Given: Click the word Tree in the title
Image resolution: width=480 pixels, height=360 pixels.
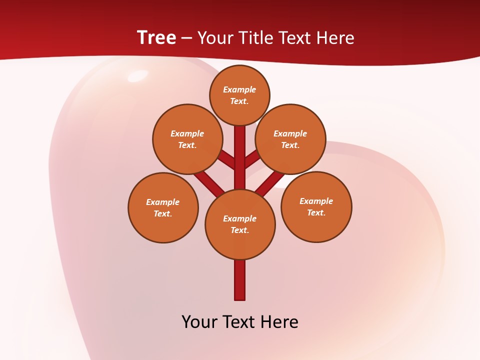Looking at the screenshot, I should coord(156,38).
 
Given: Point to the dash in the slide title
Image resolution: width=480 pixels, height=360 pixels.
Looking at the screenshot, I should coord(186,38).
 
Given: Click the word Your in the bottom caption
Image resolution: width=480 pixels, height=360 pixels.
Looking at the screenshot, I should coord(199,321).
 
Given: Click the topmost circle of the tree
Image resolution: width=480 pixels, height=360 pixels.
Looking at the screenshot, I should coord(239,95).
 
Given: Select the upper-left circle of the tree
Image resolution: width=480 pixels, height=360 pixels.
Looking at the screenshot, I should coord(187,139).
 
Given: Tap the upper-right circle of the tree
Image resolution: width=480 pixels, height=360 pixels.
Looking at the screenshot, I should coord(290,139).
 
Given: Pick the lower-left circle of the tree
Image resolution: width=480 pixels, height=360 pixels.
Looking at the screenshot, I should coord(163,207).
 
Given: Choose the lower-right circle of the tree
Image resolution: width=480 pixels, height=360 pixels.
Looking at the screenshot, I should coord(316,206).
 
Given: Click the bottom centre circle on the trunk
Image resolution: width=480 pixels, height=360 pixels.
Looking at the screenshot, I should coord(240,224).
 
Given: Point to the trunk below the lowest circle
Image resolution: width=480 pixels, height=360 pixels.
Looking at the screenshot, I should coord(240,280).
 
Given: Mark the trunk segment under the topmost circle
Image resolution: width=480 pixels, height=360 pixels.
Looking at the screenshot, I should coord(240,150).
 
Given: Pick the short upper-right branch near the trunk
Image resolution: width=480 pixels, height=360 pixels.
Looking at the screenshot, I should coord(252,159).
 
